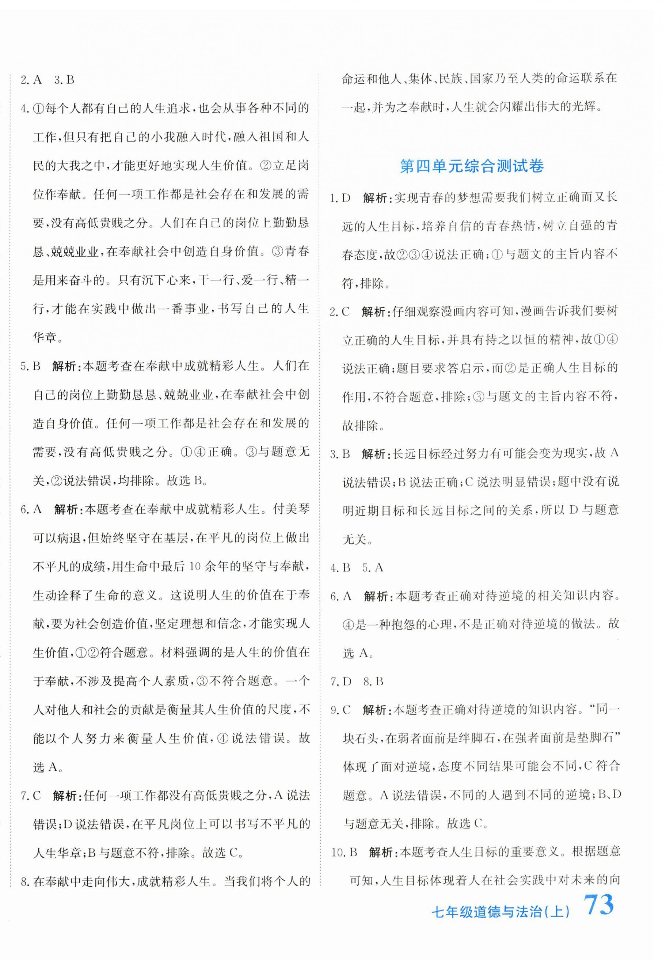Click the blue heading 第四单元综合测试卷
(472, 166)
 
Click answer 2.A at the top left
(31, 80)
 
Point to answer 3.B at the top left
(64, 80)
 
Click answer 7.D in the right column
(341, 681)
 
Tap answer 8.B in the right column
(373, 681)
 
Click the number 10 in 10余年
(195, 566)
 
